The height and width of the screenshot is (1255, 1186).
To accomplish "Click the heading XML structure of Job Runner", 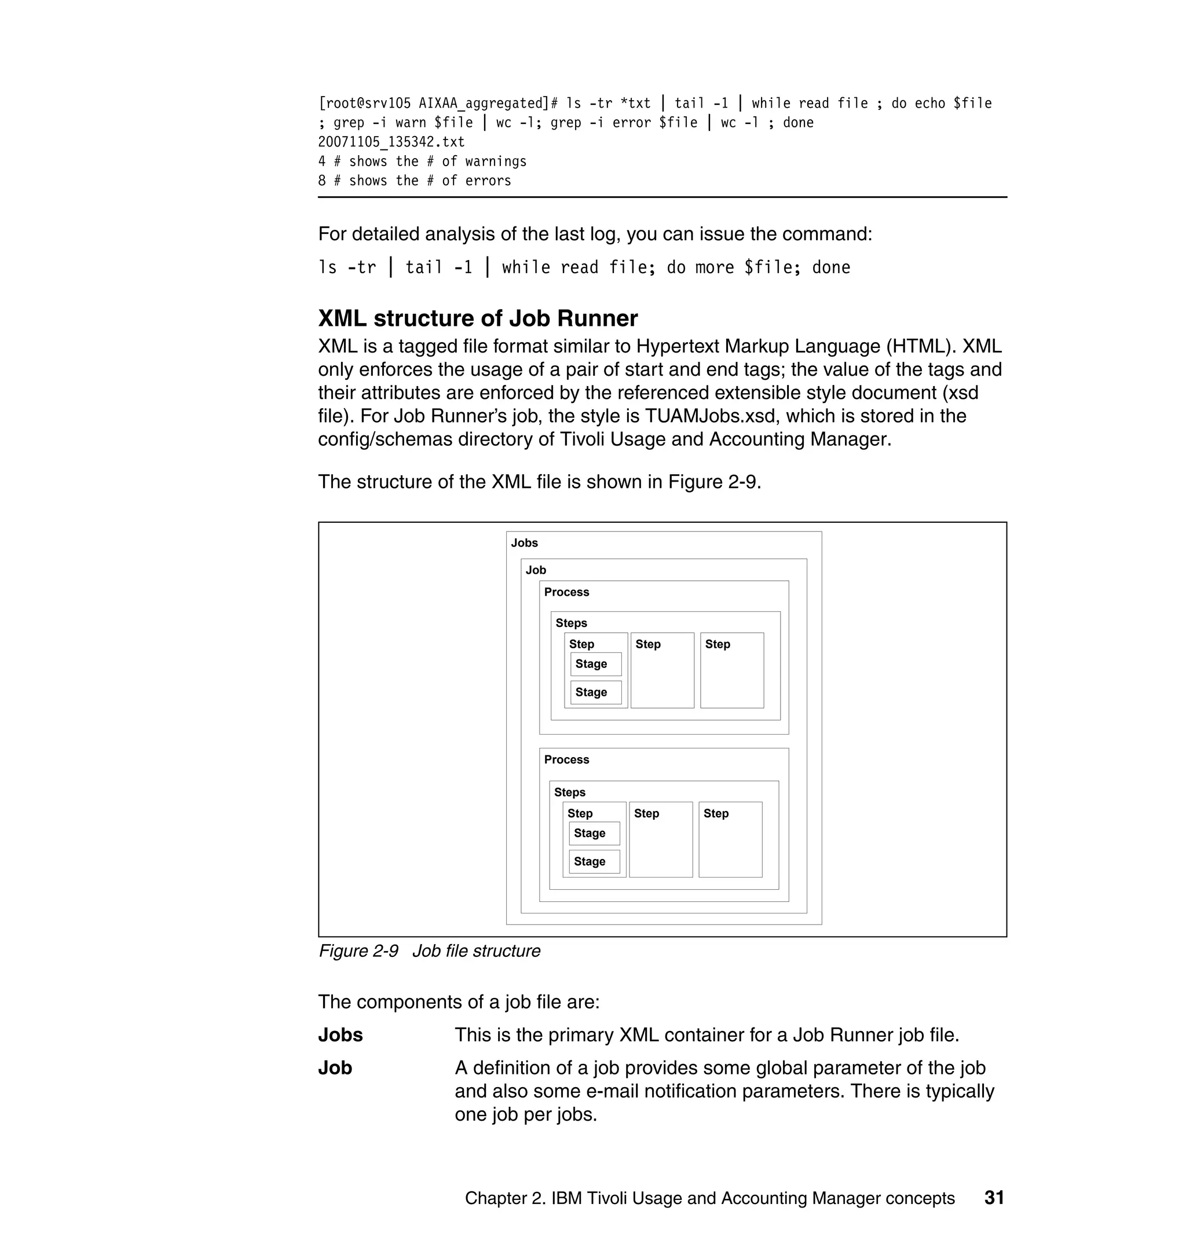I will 477,318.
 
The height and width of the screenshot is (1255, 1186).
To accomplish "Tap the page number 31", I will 994,1198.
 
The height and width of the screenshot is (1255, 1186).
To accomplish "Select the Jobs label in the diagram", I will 524,543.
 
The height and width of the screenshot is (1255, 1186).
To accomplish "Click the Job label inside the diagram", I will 536,570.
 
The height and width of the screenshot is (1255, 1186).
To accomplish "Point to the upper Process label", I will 566,592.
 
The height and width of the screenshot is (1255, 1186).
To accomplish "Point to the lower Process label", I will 566,759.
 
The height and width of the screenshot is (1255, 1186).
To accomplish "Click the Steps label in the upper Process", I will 571,623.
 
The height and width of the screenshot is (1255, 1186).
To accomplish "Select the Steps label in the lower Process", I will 570,792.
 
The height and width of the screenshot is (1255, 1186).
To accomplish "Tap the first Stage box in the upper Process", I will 595,664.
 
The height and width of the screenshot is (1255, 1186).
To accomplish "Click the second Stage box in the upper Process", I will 595,692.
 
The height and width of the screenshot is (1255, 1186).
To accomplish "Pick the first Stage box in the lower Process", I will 594,834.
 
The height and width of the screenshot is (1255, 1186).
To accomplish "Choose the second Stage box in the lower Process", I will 594,862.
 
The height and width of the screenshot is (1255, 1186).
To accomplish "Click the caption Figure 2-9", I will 358,951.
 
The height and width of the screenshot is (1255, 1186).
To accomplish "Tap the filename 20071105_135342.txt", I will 391,142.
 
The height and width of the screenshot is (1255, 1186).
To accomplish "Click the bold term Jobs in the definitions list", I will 340,1035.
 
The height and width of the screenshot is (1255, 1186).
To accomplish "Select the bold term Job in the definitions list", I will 335,1068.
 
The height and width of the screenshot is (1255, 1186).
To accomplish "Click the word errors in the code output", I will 488,181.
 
